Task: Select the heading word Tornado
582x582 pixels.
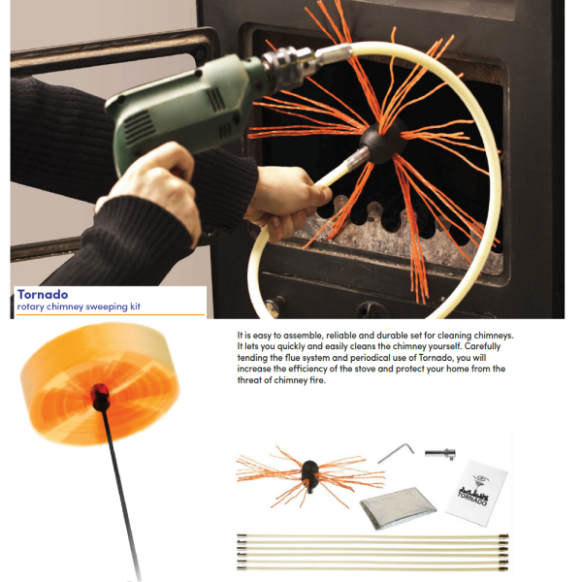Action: tap(43, 294)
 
